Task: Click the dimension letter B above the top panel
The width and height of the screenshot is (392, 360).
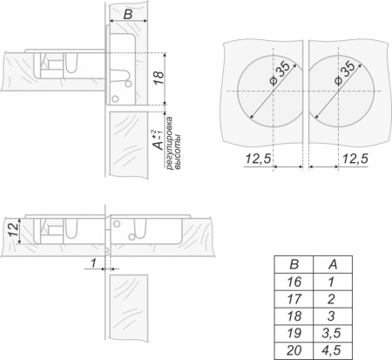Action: [x=128, y=14]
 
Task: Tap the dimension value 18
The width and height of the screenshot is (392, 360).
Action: [x=159, y=78]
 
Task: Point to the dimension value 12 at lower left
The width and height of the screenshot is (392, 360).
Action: [x=13, y=230]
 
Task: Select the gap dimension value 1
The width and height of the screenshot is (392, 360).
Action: [x=93, y=263]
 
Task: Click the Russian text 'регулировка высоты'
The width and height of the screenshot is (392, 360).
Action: [x=173, y=143]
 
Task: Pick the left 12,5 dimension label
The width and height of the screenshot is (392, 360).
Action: [x=258, y=159]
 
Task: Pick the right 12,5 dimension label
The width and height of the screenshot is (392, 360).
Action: [x=355, y=159]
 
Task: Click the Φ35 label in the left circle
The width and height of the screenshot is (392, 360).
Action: [x=280, y=72]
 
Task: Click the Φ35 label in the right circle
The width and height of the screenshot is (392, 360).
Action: [x=345, y=72]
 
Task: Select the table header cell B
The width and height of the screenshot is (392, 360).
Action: [x=294, y=264]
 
